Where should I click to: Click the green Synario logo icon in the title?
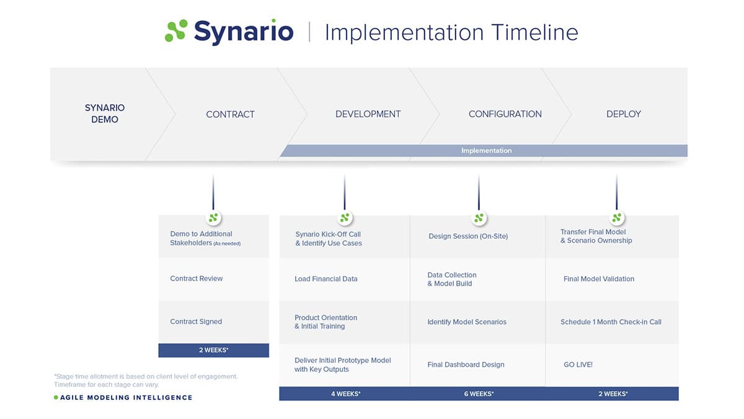point(176,31)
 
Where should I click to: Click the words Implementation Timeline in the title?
point(451,32)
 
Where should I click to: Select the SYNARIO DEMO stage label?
point(104,114)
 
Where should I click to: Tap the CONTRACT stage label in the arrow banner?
point(230,114)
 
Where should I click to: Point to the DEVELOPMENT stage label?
point(368,114)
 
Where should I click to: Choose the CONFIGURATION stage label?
point(505,114)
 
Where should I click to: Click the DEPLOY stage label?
point(623,114)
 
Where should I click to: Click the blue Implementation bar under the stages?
point(486,151)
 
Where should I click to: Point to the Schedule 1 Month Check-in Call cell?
point(611,322)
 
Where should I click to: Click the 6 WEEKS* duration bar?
point(478,394)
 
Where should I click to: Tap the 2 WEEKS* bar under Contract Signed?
point(213,350)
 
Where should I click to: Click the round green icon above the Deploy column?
point(616,218)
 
